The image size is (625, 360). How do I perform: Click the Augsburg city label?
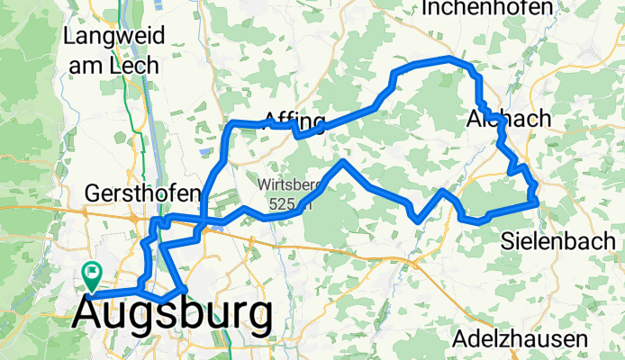click(171, 316)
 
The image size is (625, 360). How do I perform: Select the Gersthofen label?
click(140, 193)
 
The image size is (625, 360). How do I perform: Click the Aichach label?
click(497, 119)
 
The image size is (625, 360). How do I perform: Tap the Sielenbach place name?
click(558, 240)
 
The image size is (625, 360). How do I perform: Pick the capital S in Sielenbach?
click(508, 240)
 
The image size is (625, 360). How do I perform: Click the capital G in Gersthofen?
click(94, 193)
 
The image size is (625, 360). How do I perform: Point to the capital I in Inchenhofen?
click(425, 8)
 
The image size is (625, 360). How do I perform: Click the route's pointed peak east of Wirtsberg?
click(342, 162)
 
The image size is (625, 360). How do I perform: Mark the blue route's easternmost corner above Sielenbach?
click(538, 203)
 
